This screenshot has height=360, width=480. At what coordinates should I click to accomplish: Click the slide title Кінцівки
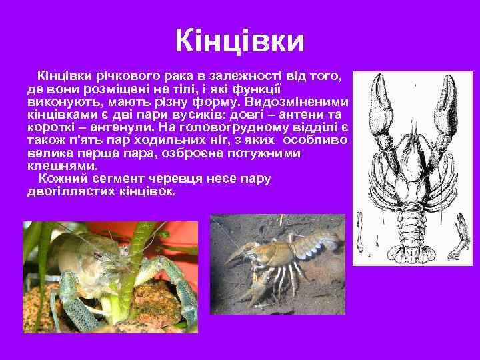point(239,41)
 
